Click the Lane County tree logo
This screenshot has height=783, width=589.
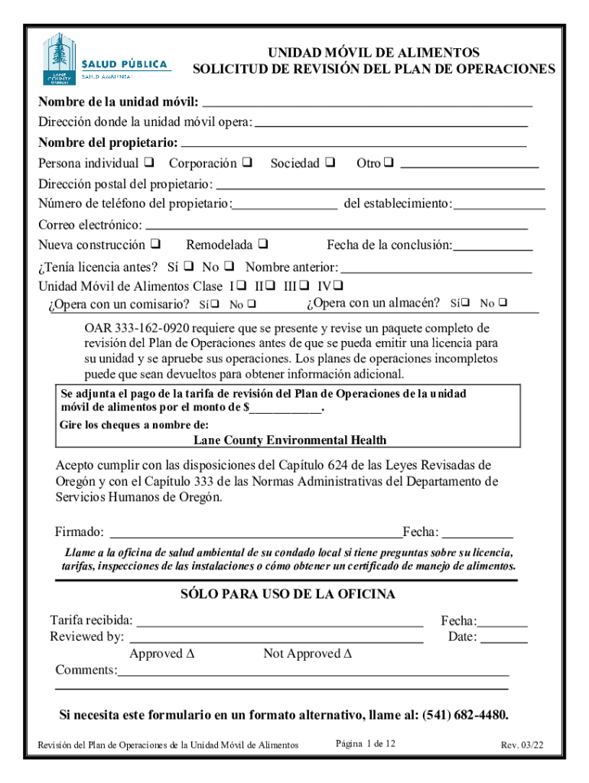tap(58, 57)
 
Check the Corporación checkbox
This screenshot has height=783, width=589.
tap(247, 163)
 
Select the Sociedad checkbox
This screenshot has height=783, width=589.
tap(330, 163)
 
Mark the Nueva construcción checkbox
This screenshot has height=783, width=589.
tap(155, 245)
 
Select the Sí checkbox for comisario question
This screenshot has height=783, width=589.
tap(216, 305)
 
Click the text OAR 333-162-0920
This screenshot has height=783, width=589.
tap(131, 328)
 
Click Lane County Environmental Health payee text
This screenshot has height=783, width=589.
tap(289, 440)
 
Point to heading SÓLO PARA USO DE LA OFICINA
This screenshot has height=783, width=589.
tap(288, 594)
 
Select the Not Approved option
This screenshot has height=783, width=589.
tap(307, 654)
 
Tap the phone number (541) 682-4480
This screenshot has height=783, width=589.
tap(464, 716)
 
